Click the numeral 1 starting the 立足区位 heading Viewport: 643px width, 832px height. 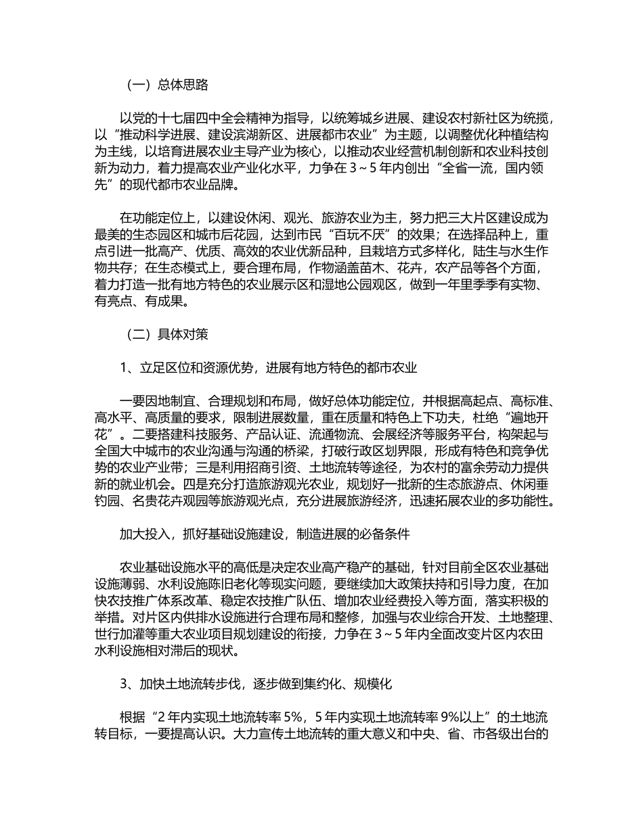(124, 368)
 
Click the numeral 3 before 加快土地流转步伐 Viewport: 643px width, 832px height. (124, 685)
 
